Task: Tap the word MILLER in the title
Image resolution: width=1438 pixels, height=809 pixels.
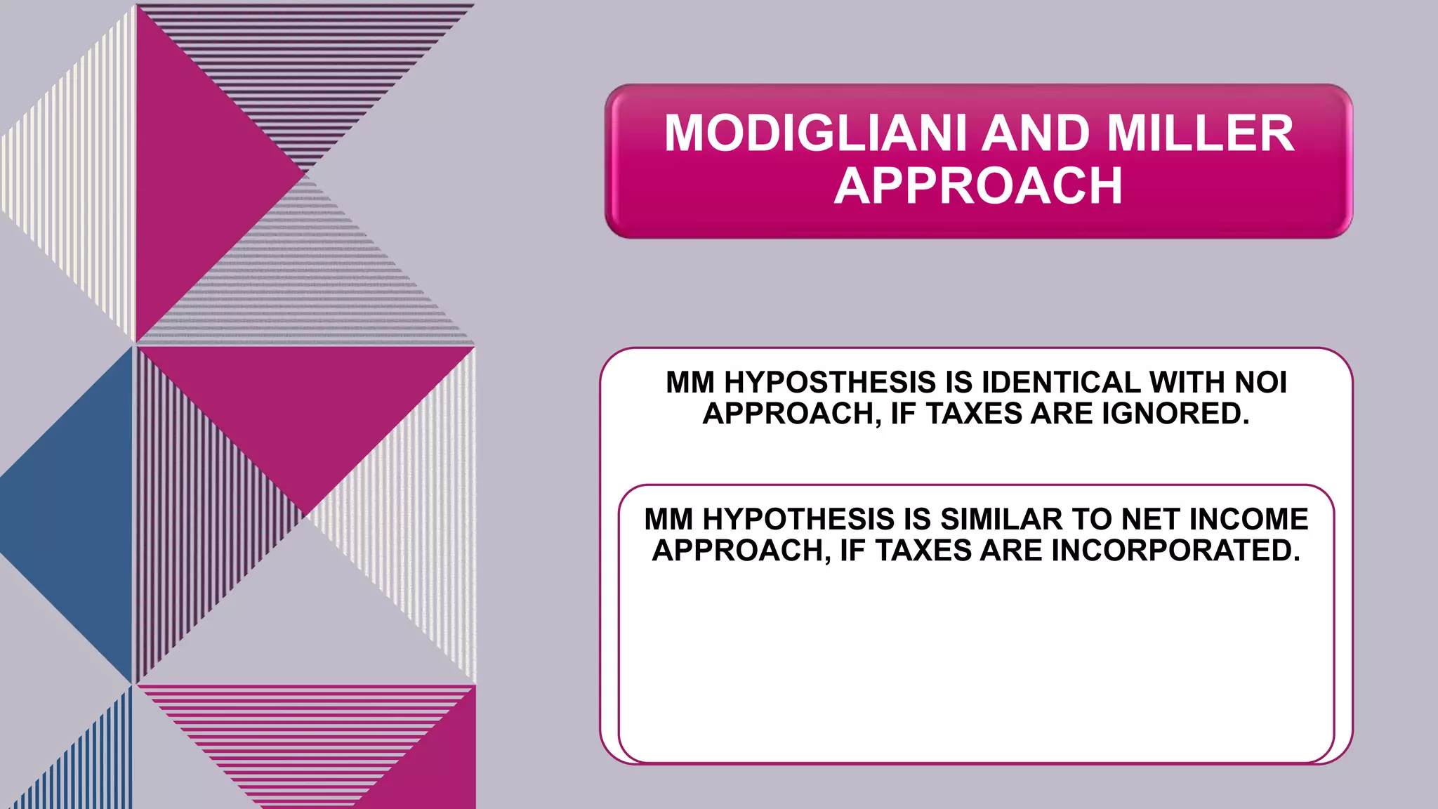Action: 1200,133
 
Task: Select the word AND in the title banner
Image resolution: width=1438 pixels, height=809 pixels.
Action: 1035,133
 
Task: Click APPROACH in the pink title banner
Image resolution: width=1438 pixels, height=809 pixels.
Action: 979,186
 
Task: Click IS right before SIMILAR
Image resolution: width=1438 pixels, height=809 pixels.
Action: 917,520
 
